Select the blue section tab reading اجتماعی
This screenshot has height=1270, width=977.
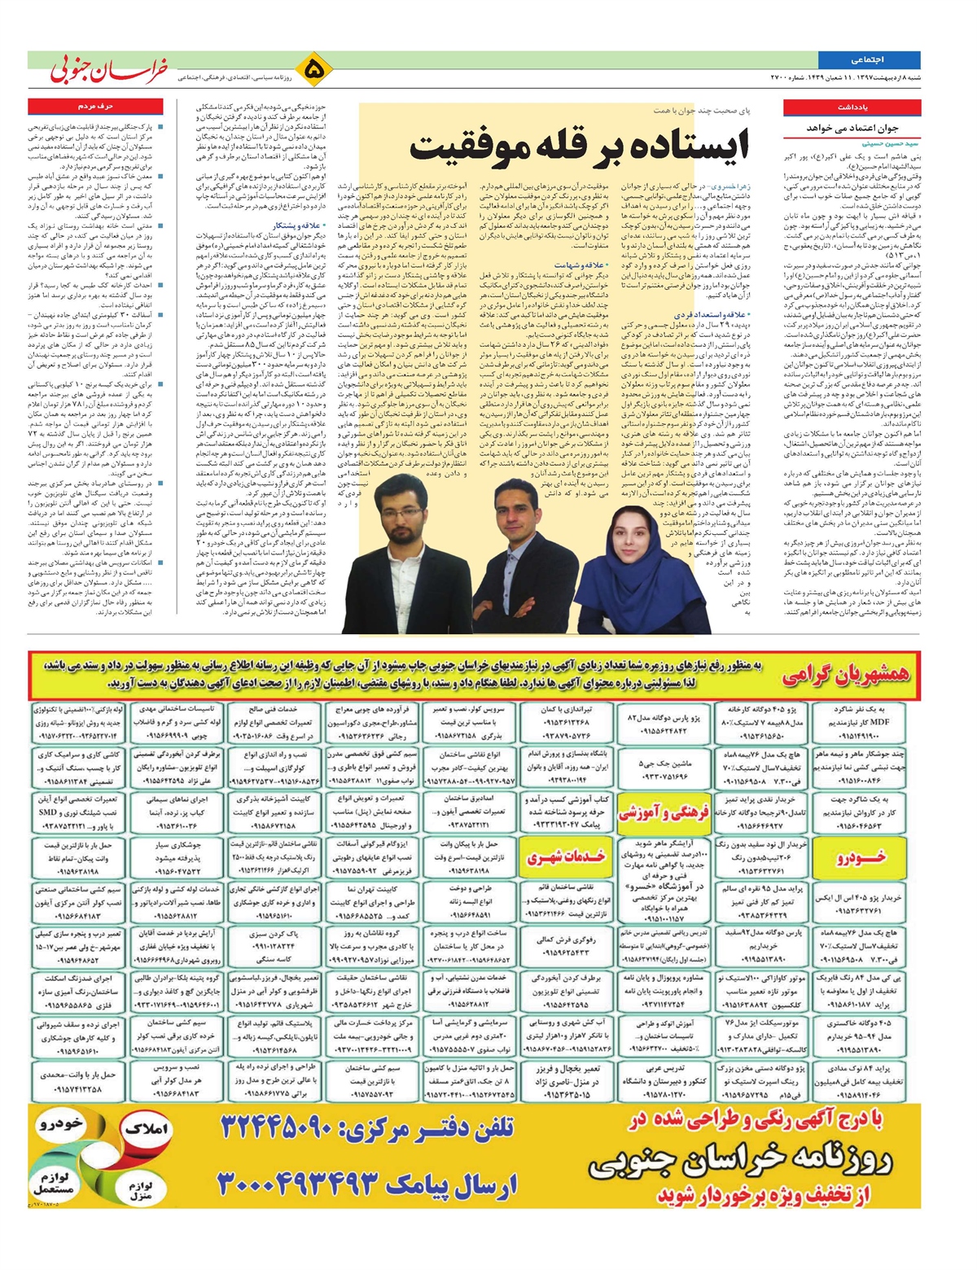[868, 60]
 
